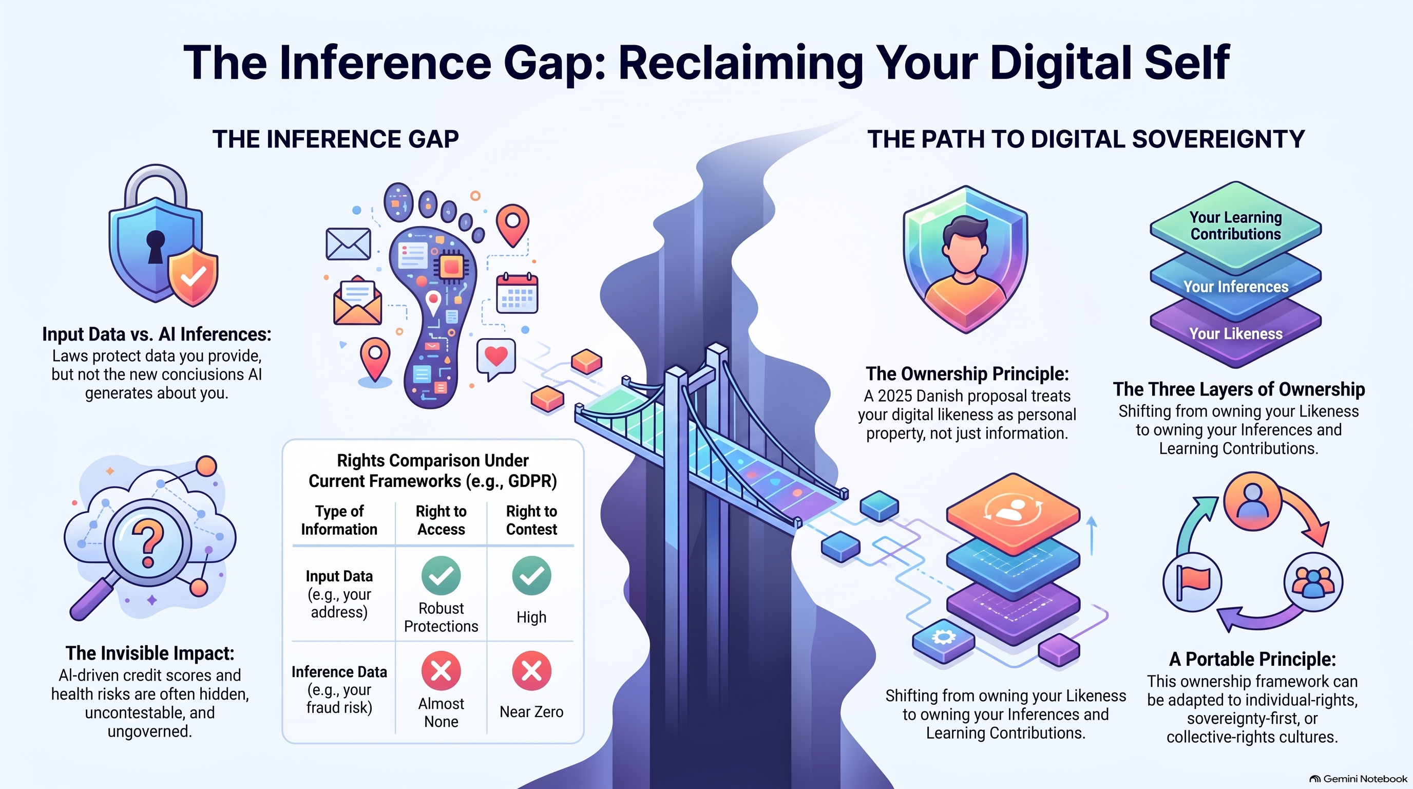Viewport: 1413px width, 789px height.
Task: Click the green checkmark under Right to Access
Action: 441,575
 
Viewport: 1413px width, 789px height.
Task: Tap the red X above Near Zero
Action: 531,670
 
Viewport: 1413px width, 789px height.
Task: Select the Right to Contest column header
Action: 531,520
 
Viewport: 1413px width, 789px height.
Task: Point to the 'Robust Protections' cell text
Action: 441,617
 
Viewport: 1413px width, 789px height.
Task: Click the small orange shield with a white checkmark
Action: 193,276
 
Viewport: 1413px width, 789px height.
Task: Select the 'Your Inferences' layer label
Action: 1235,287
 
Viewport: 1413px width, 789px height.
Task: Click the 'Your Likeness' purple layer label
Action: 1235,333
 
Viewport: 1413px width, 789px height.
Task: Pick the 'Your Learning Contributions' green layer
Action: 1235,226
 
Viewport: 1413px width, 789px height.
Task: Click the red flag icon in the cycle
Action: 1193,582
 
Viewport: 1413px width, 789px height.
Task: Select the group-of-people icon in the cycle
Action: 1313,582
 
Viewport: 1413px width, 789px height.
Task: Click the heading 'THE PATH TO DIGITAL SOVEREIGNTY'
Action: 1085,139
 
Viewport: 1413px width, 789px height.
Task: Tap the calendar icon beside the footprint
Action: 517,293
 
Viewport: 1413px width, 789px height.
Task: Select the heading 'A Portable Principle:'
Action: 1252,659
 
